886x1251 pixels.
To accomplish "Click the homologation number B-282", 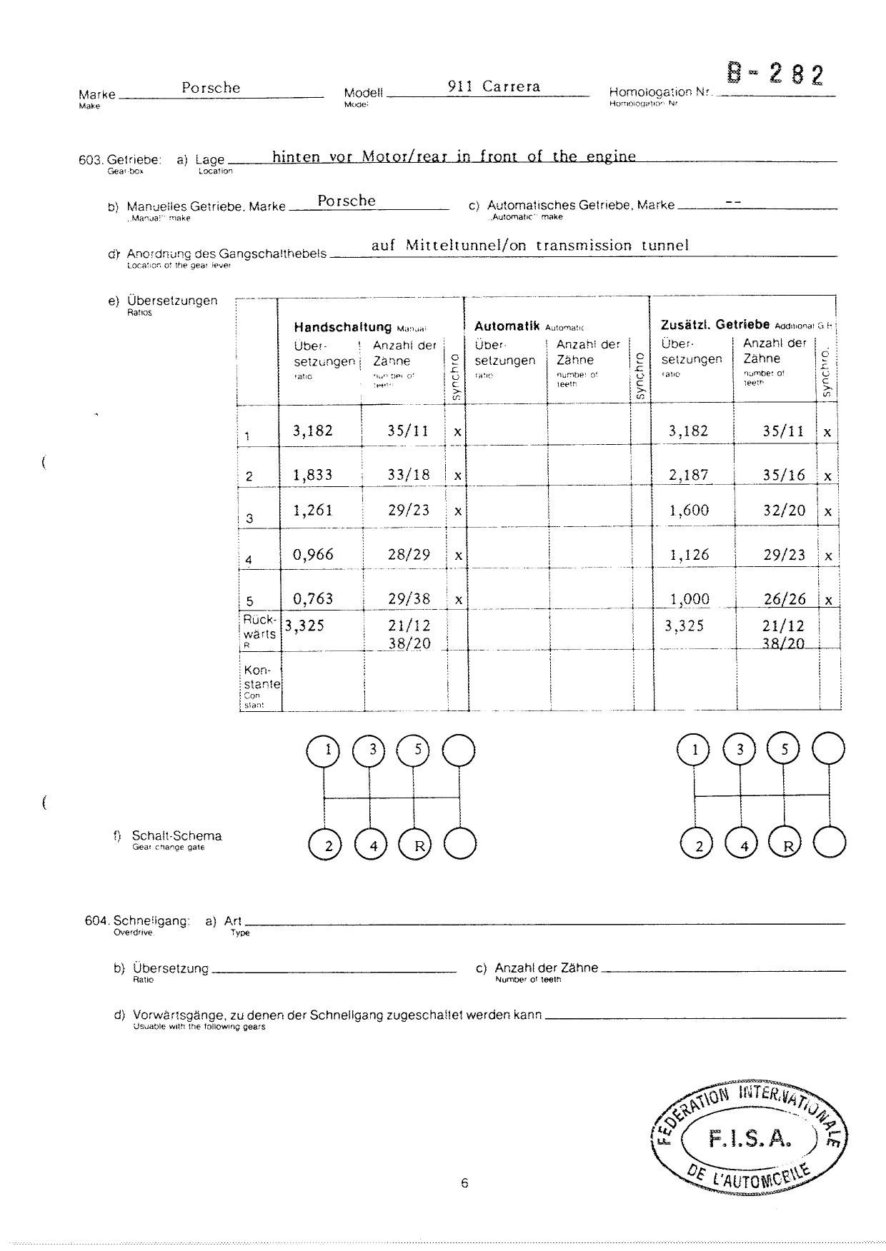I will tap(775, 75).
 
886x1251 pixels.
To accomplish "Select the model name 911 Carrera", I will tap(494, 87).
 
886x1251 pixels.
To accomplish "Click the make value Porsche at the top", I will tap(211, 88).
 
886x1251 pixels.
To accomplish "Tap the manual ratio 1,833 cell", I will tap(313, 475).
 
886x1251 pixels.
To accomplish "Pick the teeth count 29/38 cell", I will tap(409, 599).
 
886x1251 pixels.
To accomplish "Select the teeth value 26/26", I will tap(784, 599).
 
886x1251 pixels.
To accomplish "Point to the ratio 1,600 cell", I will tap(689, 511).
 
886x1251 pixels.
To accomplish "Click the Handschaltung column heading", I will tap(342, 327).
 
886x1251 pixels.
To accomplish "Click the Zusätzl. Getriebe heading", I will tap(715, 325).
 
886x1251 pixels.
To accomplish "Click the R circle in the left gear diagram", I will tap(419, 846).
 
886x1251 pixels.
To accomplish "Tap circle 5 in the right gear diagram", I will tap(784, 750).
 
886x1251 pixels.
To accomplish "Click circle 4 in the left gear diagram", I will tap(372, 846).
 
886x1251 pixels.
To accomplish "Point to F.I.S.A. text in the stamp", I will tap(750, 1140).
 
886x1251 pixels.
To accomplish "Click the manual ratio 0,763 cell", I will tap(313, 599).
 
